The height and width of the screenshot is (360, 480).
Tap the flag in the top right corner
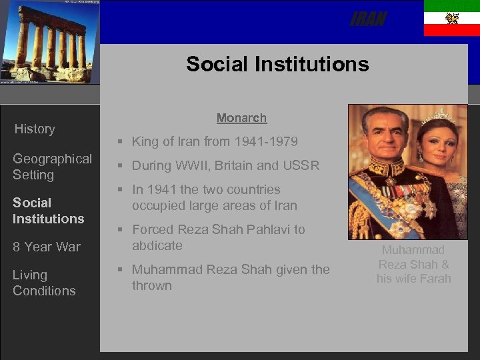tap(451, 18)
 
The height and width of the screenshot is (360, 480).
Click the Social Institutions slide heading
tap(277, 64)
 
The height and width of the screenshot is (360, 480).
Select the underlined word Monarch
tap(241, 118)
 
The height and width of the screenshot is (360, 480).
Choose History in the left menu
tap(35, 129)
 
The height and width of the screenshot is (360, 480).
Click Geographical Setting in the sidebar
tap(52, 167)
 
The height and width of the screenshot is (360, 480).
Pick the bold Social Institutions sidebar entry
tap(48, 211)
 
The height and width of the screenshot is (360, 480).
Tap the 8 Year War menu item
tap(46, 247)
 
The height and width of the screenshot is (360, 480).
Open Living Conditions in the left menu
tap(44, 283)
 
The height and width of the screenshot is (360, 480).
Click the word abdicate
tap(157, 245)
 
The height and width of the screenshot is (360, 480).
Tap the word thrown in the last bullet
tap(151, 285)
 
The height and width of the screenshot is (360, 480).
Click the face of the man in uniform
tap(383, 137)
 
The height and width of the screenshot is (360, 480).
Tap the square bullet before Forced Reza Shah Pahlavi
tap(118, 229)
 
